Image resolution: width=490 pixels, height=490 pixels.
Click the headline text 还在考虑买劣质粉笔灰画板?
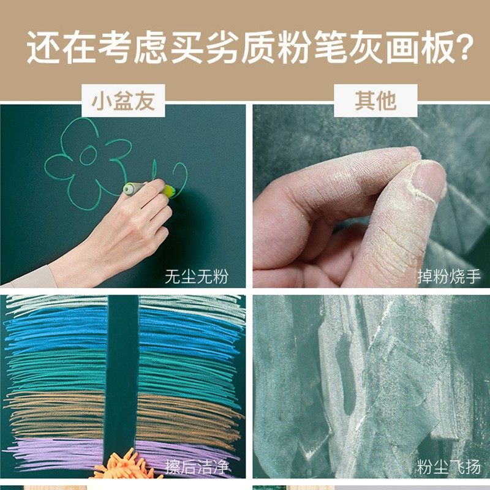245,48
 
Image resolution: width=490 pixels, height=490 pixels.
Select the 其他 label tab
375,100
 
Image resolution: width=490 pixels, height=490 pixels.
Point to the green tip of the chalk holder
170,191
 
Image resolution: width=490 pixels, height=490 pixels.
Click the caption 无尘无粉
196,276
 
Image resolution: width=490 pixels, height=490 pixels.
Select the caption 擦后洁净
196,467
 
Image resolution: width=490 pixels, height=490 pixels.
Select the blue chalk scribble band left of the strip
55,331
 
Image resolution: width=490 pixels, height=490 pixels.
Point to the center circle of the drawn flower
88,156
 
